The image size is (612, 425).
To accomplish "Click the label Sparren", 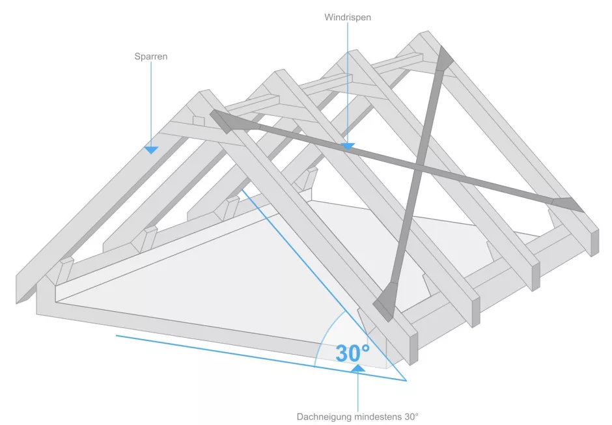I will (151, 57).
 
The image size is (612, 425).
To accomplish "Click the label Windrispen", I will (348, 18).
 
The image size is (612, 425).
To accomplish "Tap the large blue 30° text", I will (352, 353).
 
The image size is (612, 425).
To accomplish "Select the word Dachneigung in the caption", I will (324, 416).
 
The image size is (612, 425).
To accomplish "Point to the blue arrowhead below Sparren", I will (151, 150).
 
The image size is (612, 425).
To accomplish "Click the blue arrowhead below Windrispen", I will (348, 147).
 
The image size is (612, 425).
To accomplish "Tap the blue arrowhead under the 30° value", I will (358, 369).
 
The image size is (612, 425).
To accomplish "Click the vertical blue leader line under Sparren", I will (151, 104).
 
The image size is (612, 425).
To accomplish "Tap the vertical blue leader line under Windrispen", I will (348, 85).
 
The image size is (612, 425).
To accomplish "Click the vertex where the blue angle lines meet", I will (406, 380).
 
